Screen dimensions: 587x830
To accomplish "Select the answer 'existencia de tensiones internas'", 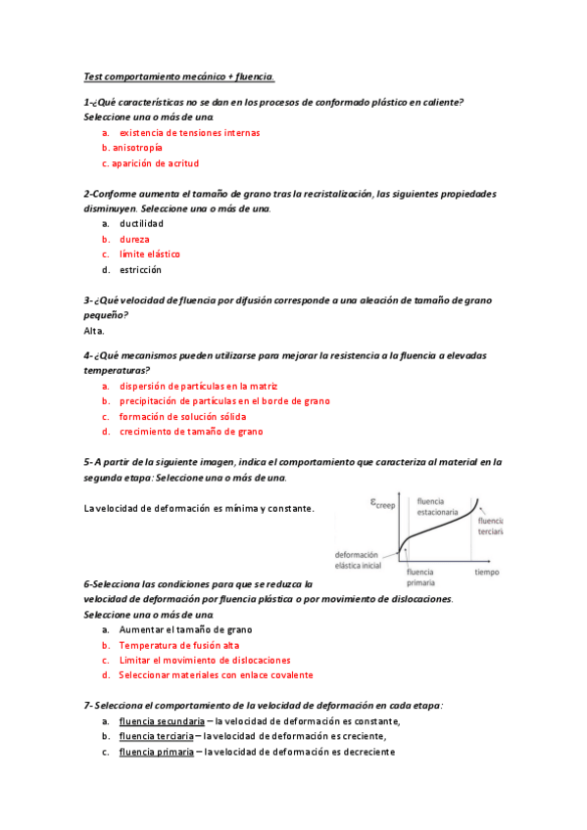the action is point(189,132).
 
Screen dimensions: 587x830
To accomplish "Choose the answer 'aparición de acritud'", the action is point(155,163).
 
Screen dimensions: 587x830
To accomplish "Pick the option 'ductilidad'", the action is point(141,223).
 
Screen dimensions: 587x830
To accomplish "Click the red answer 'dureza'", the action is point(134,239).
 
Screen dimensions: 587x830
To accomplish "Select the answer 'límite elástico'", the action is point(149,254).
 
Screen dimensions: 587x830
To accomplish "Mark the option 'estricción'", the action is point(140,269).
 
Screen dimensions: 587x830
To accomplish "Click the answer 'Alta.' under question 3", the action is point(94,331).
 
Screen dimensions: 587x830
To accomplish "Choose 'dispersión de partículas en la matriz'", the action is point(199,386).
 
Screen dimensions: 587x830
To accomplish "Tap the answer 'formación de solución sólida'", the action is point(182,416).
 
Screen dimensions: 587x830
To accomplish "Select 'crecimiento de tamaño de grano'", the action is point(191,432).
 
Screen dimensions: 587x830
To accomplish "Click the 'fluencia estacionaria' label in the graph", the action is point(441,506).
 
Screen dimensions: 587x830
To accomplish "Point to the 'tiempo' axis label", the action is point(487,572).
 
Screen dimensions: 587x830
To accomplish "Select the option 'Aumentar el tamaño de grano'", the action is point(185,630).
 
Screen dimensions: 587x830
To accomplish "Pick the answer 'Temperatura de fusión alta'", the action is point(178,646).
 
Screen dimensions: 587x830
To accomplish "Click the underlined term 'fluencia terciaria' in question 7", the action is point(154,737).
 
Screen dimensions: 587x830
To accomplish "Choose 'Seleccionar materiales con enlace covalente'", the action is point(216,675).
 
